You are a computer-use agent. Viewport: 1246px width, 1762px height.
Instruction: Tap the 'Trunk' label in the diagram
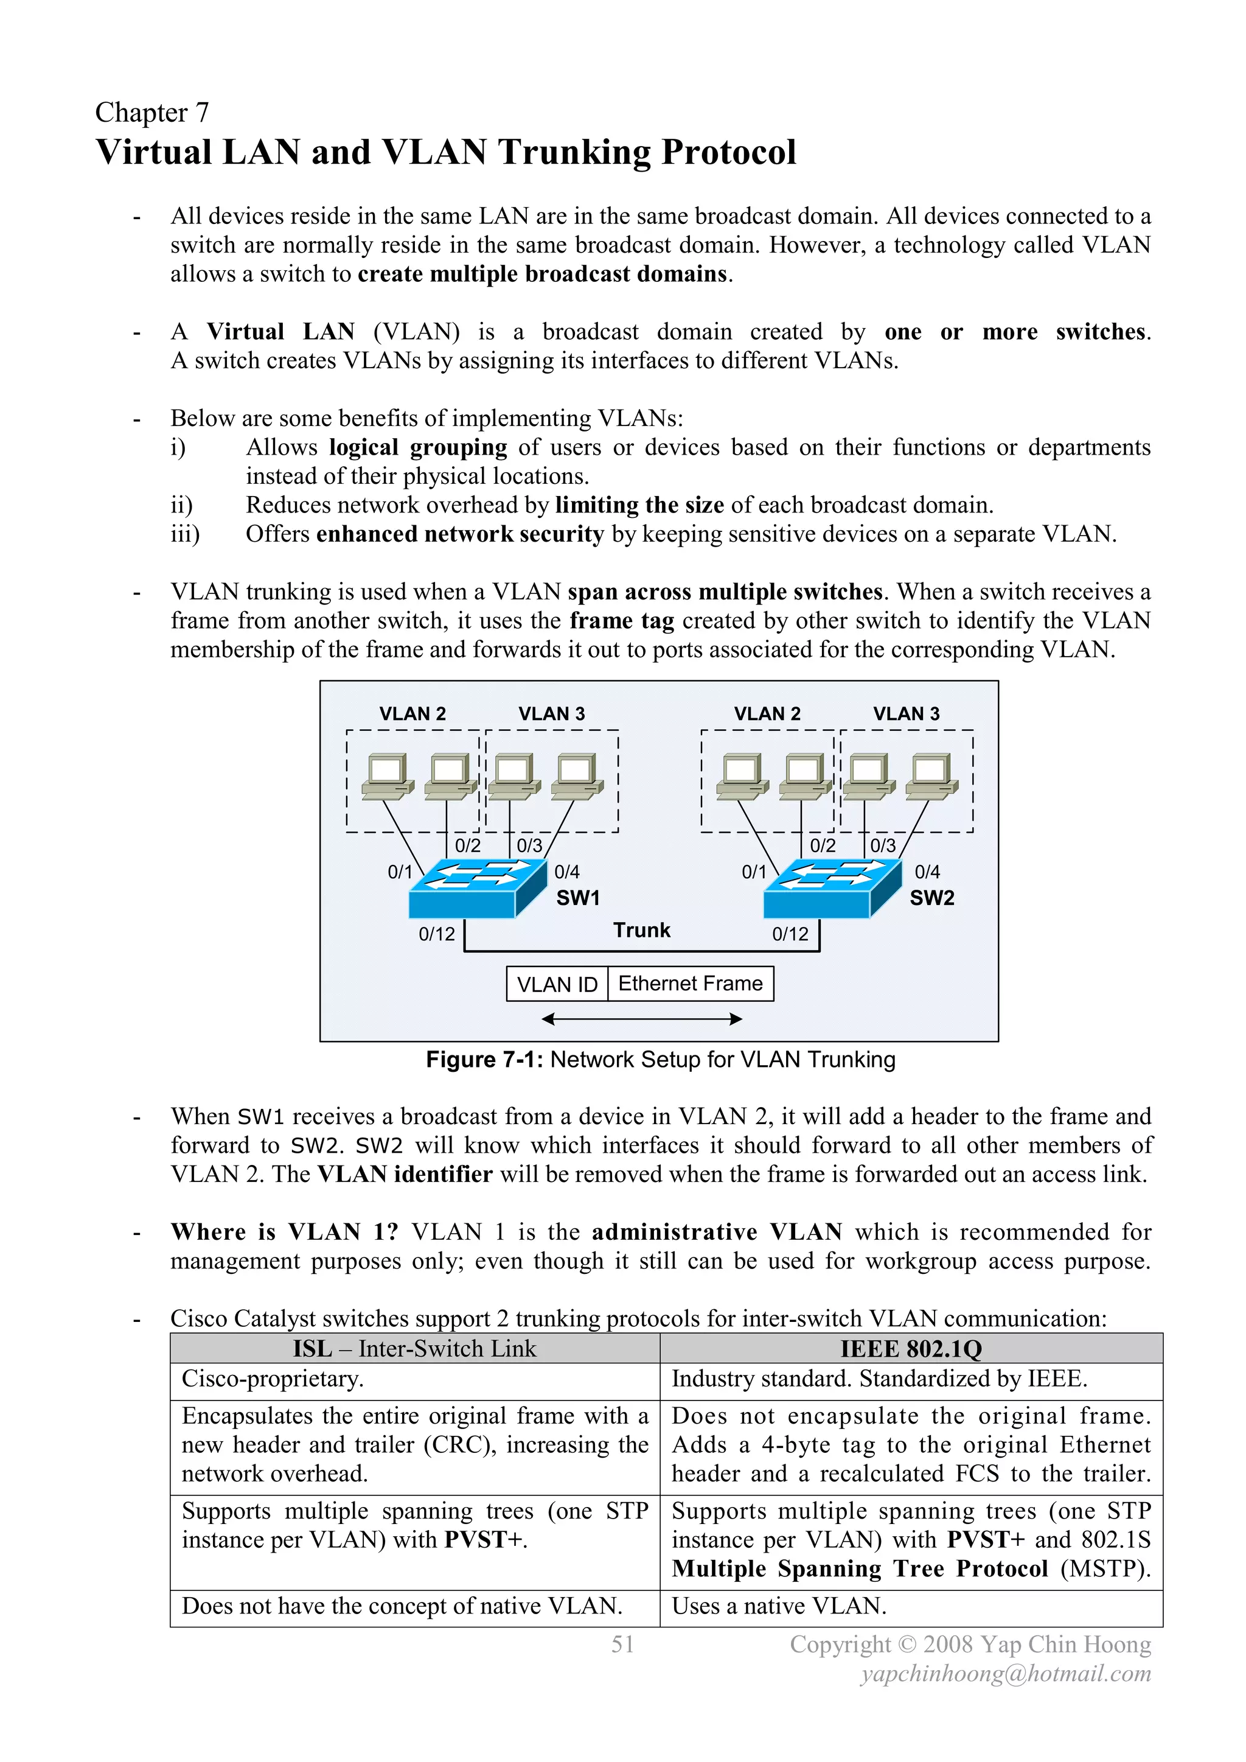[641, 930]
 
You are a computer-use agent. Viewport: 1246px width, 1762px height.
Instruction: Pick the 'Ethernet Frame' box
[691, 984]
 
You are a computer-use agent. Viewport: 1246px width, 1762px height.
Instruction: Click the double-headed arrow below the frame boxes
[641, 1019]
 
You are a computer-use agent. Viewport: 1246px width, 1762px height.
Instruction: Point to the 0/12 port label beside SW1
[437, 934]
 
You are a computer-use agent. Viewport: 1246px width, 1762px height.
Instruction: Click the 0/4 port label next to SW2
[927, 872]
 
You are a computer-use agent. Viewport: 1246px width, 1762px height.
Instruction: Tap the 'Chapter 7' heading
[152, 113]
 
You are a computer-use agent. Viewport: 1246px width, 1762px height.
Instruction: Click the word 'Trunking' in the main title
[575, 152]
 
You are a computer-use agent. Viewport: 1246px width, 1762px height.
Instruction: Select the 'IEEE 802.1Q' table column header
[911, 1348]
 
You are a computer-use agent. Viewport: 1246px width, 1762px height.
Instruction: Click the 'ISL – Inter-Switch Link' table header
[414, 1348]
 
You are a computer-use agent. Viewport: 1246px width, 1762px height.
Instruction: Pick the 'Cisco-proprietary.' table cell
[273, 1379]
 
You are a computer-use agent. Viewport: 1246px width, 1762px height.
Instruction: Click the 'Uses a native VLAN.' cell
[779, 1606]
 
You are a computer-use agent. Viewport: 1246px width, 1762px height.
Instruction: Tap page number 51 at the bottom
[622, 1644]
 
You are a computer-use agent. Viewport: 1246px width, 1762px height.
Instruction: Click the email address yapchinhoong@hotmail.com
[1006, 1673]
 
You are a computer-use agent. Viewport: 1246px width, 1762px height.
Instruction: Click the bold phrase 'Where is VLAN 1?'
[285, 1232]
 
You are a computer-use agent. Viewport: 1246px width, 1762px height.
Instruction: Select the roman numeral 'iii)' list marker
[185, 534]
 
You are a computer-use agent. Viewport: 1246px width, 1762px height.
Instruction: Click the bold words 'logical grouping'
[418, 447]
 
